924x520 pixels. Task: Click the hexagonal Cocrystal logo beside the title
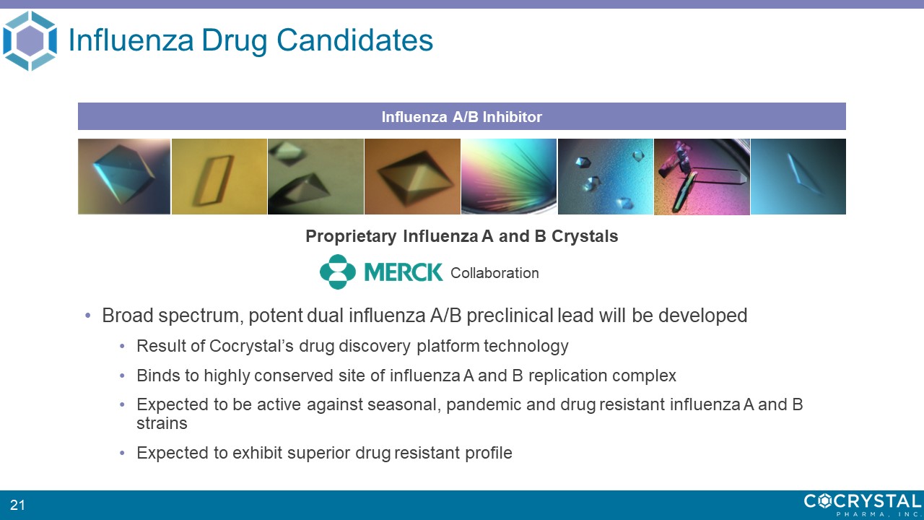coord(30,40)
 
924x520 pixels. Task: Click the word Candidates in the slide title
coord(354,40)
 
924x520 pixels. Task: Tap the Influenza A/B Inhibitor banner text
coord(461,117)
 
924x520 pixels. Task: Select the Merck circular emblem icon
coord(337,272)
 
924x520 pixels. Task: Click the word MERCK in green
coord(404,272)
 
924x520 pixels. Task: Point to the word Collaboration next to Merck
coord(494,273)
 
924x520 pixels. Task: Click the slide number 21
coord(17,505)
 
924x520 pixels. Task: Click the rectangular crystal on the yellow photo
coord(213,180)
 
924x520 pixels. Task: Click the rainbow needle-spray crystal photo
coord(509,177)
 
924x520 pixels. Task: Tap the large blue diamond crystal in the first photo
coord(123,173)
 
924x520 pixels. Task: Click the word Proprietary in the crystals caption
coord(351,236)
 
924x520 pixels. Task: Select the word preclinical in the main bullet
coord(510,316)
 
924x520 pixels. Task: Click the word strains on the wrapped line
coord(162,423)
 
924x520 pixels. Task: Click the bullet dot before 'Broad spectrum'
coord(87,316)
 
